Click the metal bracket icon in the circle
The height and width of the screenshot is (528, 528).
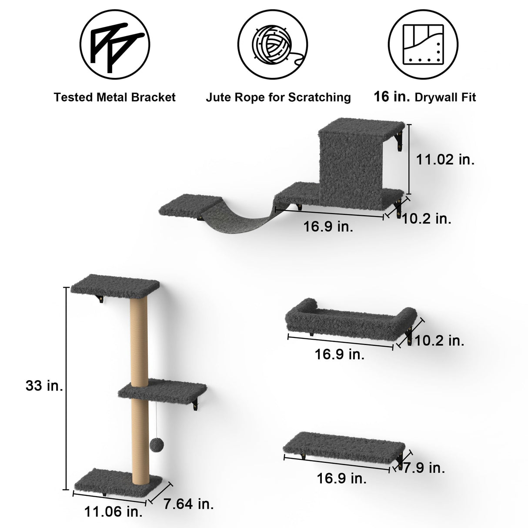pyautogui.click(x=115, y=45)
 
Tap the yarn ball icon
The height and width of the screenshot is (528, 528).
pyautogui.click(x=273, y=45)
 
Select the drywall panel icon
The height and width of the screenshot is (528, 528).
pyautogui.click(x=423, y=45)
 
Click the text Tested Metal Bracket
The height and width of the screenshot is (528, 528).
pyautogui.click(x=115, y=97)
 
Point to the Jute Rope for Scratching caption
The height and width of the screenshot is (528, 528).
pyautogui.click(x=278, y=97)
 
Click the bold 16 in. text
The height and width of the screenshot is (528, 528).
pyautogui.click(x=391, y=97)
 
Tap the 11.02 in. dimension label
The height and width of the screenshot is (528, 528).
pyautogui.click(x=445, y=160)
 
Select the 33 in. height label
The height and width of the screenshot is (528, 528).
pyautogui.click(x=44, y=385)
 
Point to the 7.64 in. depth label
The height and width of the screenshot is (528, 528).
pyautogui.click(x=189, y=504)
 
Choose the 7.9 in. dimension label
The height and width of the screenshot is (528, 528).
pyautogui.click(x=424, y=468)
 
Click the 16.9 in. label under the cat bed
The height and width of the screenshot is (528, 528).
pyautogui.click(x=339, y=354)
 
